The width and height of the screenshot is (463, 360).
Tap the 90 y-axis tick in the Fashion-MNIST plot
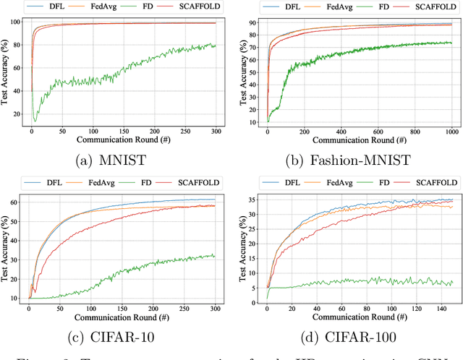point(254,22)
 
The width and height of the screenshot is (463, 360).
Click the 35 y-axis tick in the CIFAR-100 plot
point(254,200)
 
